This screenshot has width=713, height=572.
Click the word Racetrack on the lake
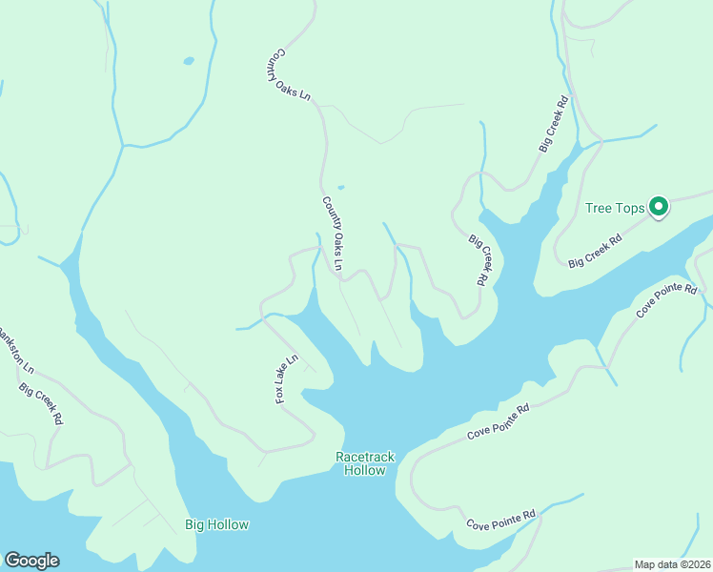coord(365,458)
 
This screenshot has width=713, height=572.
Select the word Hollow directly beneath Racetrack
coord(365,471)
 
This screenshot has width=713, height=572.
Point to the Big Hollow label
coord(216,524)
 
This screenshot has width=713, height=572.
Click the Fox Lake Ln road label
coord(287,378)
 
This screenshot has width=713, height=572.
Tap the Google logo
coord(31,561)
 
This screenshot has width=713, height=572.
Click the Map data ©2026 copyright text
coord(671,564)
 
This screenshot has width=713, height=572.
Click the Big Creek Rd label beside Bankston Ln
coord(41,403)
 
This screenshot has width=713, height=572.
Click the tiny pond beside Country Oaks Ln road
coord(340,187)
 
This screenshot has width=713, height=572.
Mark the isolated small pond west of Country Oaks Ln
coord(189,61)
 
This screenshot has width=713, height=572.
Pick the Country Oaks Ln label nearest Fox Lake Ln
coord(333,233)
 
